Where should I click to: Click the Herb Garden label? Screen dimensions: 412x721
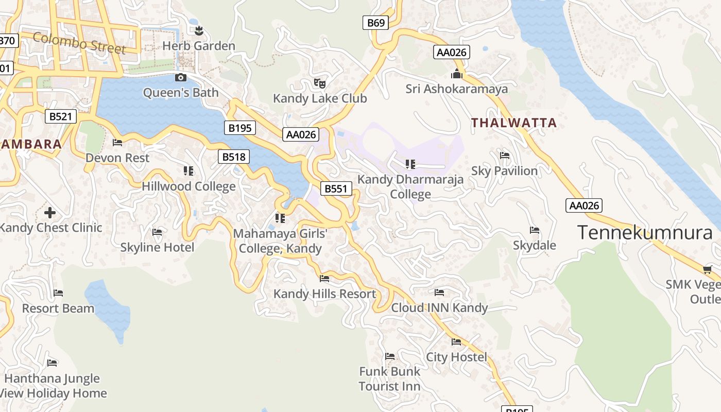point(199,46)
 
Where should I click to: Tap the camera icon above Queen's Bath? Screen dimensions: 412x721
point(181,78)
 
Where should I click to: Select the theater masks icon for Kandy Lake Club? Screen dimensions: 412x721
point(320,83)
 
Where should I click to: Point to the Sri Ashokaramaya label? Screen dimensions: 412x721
point(456,89)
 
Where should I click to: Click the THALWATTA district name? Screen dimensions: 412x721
point(514,123)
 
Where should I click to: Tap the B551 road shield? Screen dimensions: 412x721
point(336,189)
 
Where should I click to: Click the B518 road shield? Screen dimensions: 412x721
point(234,157)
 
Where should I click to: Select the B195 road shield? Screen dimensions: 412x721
point(239,128)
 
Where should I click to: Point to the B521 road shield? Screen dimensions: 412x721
point(60,116)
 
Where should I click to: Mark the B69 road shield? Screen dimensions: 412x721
point(375,23)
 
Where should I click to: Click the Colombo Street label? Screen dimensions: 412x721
point(79,43)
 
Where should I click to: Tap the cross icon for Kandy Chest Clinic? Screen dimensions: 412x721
point(50,212)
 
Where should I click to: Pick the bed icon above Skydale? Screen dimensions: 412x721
point(535,230)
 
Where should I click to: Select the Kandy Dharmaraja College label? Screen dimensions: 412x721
point(410,186)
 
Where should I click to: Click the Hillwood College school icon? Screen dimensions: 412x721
point(188,171)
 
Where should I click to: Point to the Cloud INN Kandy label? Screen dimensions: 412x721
point(439,308)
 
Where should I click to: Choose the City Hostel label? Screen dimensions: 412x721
point(456,357)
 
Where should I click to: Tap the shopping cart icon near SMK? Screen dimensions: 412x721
point(707,270)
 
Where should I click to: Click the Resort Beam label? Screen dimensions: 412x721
point(58,308)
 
